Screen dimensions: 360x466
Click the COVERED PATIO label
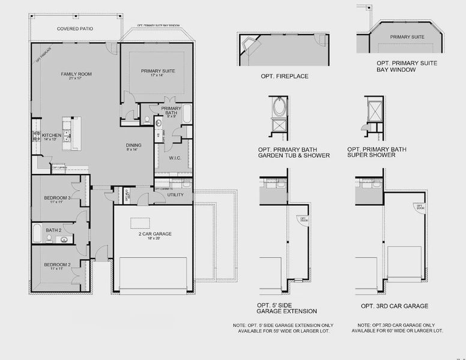pos(74,28)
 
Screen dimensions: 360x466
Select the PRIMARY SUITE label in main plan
pos(158,71)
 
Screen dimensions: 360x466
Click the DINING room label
pos(133,145)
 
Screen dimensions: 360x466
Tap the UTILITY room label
pos(175,195)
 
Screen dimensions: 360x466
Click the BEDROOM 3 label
pos(57,198)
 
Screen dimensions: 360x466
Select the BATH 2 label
pos(53,230)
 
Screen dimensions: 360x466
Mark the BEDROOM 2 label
pos(57,265)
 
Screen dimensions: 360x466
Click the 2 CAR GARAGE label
pos(155,233)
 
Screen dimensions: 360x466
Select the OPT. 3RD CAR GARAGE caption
pos(395,306)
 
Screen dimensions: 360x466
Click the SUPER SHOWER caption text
pos(371,155)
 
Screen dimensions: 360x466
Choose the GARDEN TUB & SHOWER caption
pos(294,155)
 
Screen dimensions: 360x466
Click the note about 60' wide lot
pos(398,328)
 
